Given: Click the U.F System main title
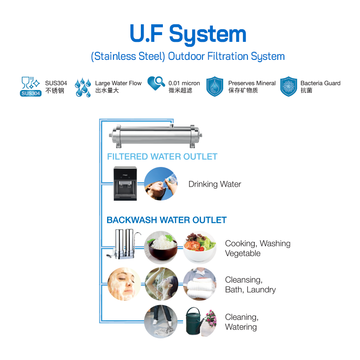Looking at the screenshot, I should click(188, 34).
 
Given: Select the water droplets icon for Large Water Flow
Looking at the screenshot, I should click(83, 87).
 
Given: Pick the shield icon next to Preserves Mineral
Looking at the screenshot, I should click(215, 86).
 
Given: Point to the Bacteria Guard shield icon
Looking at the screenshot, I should click(288, 86).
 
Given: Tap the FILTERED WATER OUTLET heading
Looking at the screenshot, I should click(162, 157).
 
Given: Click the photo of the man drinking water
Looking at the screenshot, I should click(161, 184).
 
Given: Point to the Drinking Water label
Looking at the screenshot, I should click(215, 184).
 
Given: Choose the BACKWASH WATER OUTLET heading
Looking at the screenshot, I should click(166, 220).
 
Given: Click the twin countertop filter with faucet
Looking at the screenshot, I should click(124, 245).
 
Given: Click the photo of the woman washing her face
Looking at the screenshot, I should click(124, 284).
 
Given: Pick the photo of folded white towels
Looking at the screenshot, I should click(199, 284).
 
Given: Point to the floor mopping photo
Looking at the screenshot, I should click(161, 321).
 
